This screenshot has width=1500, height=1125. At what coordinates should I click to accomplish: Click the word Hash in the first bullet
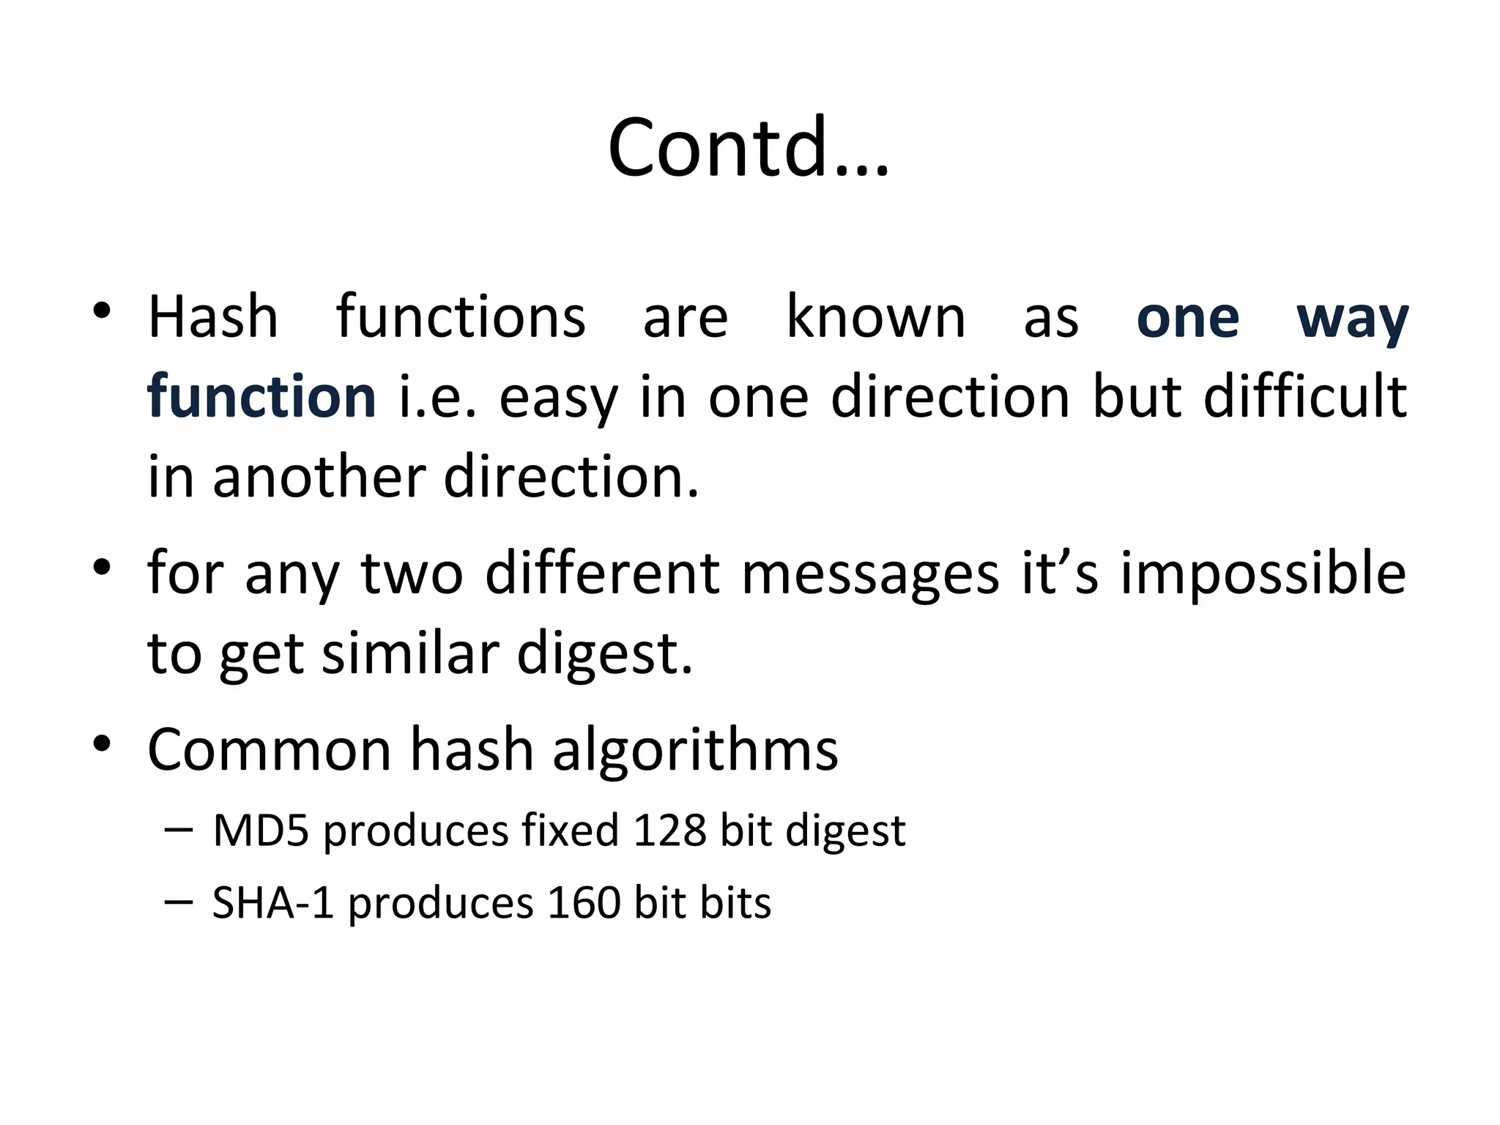click(x=213, y=317)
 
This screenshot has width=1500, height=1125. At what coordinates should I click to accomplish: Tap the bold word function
click(x=261, y=396)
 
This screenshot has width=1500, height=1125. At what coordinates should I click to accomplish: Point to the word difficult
click(x=1305, y=396)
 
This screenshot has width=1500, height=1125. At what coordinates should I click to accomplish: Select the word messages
click(x=870, y=573)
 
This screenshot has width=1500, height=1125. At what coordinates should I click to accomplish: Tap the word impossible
click(x=1263, y=573)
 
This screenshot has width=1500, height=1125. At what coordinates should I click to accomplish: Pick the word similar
click(x=411, y=653)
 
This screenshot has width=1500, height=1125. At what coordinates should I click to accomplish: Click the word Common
click(x=270, y=750)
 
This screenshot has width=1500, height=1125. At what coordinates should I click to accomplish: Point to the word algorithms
click(x=695, y=750)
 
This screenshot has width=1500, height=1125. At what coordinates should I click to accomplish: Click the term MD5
click(x=261, y=831)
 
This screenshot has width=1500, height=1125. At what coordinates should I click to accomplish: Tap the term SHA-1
click(x=273, y=902)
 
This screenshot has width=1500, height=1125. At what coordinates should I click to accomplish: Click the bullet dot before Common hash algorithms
click(x=102, y=744)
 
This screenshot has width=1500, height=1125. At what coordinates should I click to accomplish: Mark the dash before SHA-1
click(x=179, y=902)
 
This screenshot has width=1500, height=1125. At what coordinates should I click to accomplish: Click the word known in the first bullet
click(x=876, y=317)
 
